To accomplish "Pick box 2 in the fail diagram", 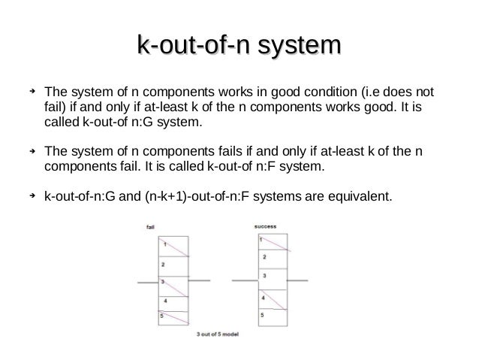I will pos(173,266).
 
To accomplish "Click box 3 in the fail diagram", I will pos(173,285).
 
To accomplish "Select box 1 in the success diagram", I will pos(271,241).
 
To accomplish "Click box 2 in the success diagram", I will pos(271,259).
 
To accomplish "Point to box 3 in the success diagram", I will pos(271,277).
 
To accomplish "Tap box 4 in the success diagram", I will pos(271,298).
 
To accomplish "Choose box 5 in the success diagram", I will pos(271,316).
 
